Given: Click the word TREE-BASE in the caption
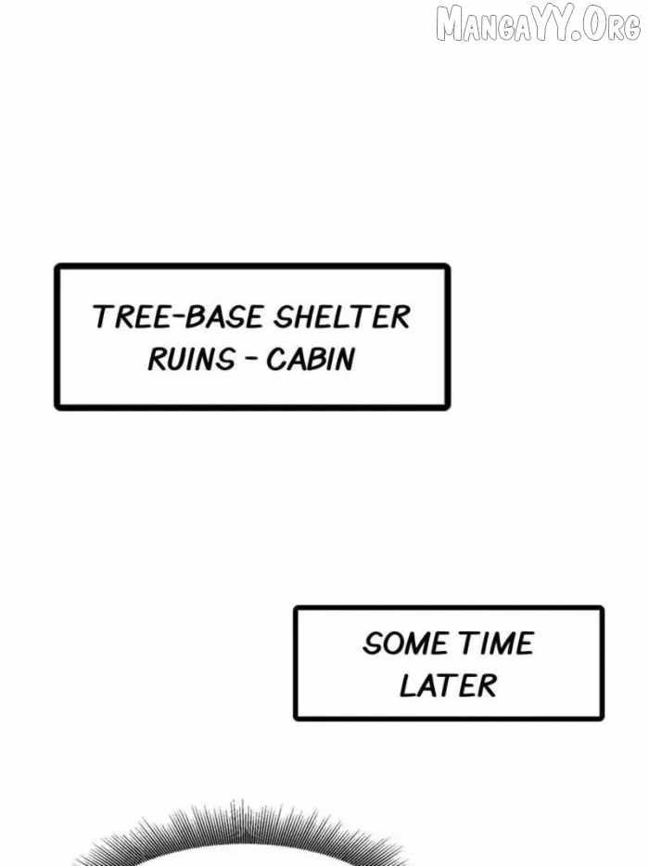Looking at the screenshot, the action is pyautogui.click(x=177, y=317).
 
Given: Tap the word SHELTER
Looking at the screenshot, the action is pyautogui.click(x=342, y=317).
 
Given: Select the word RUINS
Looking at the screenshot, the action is pyautogui.click(x=191, y=359).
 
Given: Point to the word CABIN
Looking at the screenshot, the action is pyautogui.click(x=310, y=359).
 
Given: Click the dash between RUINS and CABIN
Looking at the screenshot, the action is pyautogui.click(x=250, y=360).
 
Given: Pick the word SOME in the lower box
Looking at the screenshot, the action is pyautogui.click(x=405, y=643).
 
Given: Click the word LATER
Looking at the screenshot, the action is pyautogui.click(x=448, y=685).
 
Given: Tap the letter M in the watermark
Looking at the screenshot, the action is pyautogui.click(x=449, y=25).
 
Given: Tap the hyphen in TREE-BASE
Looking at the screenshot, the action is pyautogui.click(x=177, y=317).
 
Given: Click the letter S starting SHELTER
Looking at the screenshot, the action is pyautogui.click(x=284, y=317).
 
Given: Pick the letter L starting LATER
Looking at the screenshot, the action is pyautogui.click(x=408, y=685).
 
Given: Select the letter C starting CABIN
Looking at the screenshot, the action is pyautogui.click(x=275, y=359).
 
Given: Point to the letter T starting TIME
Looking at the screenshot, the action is pyautogui.click(x=467, y=643).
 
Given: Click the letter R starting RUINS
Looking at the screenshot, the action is pyautogui.click(x=157, y=359).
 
